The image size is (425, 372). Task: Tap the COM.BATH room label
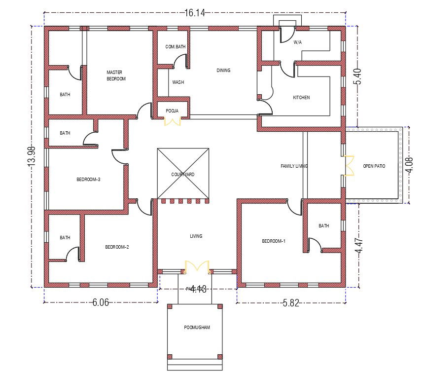point(176,47)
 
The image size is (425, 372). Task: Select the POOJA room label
point(172,111)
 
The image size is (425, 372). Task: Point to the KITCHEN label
point(301,98)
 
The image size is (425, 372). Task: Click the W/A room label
point(297,42)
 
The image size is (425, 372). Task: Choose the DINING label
point(223,71)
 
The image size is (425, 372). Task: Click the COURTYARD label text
point(183,175)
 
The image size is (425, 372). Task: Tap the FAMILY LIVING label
point(294,166)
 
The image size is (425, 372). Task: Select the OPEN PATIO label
point(374,166)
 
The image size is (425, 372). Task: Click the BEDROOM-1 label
point(274,241)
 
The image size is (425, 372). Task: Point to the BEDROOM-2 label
point(117,247)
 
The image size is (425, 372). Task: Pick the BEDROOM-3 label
point(88,180)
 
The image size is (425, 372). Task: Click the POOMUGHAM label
point(197,328)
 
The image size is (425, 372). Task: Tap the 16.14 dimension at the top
point(194,13)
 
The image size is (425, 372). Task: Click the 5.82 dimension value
point(291,303)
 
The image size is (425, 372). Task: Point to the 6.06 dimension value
point(101,303)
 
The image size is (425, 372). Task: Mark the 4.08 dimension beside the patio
point(409,164)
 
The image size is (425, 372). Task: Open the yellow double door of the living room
point(197,267)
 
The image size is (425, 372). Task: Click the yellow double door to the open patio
point(349,166)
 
